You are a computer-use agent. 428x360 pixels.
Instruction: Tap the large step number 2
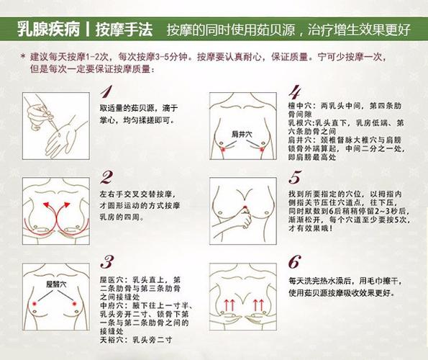pyautogui.click(x=106, y=177)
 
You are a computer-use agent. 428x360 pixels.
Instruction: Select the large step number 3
pyautogui.click(x=107, y=261)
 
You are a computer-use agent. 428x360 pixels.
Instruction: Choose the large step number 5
pyautogui.click(x=293, y=177)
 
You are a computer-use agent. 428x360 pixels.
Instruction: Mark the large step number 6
pyautogui.click(x=293, y=261)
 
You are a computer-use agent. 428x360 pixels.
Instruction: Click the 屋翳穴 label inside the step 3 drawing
pyautogui.click(x=55, y=285)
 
